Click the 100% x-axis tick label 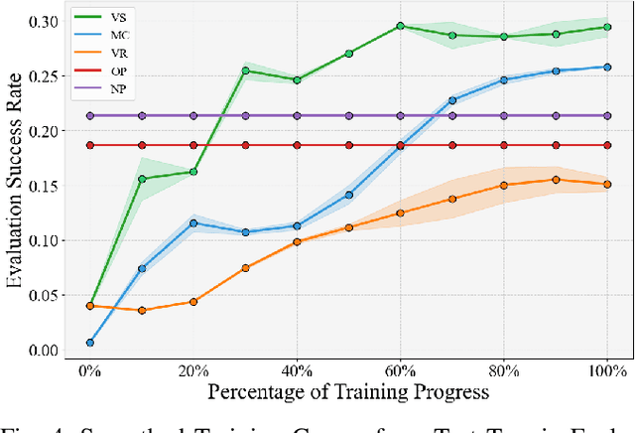[x=607, y=369]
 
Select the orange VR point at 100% [x=607, y=184]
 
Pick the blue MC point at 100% [x=607, y=67]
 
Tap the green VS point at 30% [x=245, y=71]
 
